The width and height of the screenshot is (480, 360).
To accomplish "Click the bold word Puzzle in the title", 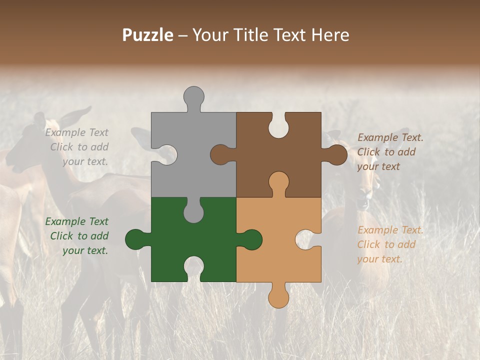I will (148, 35).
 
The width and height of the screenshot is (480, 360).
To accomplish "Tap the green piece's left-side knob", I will (135, 239).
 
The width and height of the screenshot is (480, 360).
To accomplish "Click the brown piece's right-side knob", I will (336, 155).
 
